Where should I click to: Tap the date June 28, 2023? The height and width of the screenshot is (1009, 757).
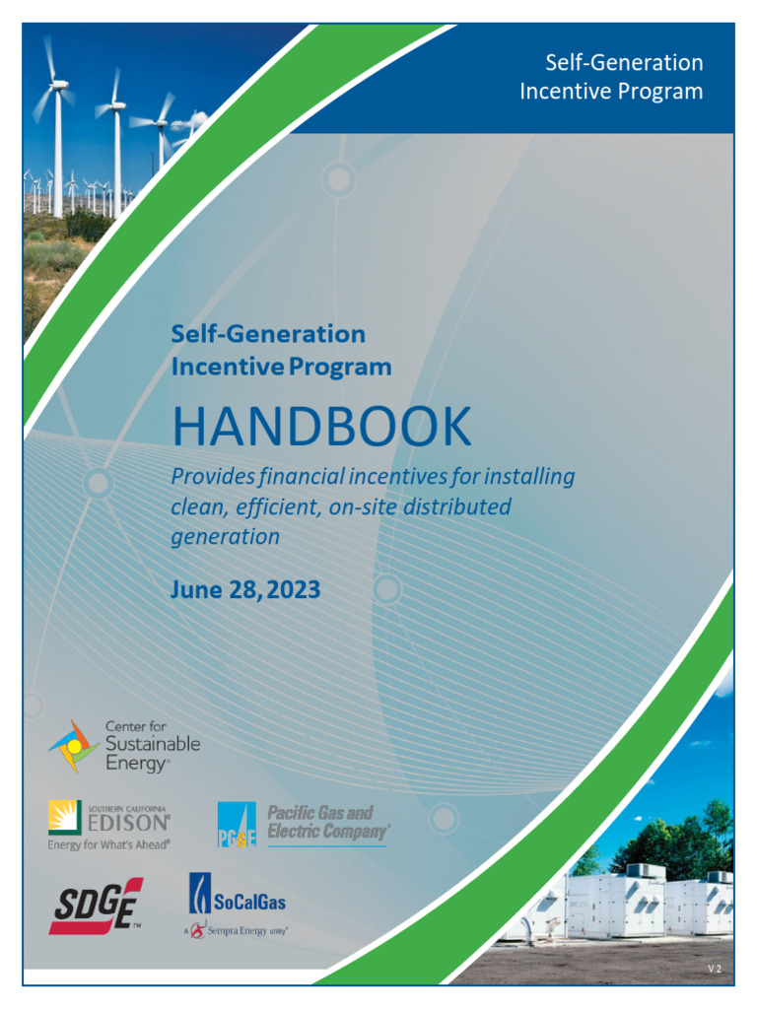pyautogui.click(x=245, y=589)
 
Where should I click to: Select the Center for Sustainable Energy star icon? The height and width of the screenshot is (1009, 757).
pyautogui.click(x=74, y=746)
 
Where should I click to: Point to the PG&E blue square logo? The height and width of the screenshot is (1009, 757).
pyautogui.click(x=237, y=826)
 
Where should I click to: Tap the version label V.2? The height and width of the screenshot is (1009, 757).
pyautogui.click(x=715, y=970)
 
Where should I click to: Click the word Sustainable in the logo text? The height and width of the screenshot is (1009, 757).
pyautogui.click(x=152, y=744)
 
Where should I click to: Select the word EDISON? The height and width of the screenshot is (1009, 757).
pyautogui.click(x=135, y=823)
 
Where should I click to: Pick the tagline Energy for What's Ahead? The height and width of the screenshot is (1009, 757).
pyautogui.click(x=108, y=844)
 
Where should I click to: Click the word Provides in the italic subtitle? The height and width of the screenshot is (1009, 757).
pyautogui.click(x=212, y=477)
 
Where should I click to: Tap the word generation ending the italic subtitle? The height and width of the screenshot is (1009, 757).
pyautogui.click(x=226, y=537)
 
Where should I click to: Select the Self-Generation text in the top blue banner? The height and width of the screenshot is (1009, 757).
pyautogui.click(x=624, y=63)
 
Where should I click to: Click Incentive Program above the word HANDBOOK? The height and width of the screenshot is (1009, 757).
pyautogui.click(x=281, y=368)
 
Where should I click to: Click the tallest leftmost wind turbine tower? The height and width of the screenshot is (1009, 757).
pyautogui.click(x=58, y=148)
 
